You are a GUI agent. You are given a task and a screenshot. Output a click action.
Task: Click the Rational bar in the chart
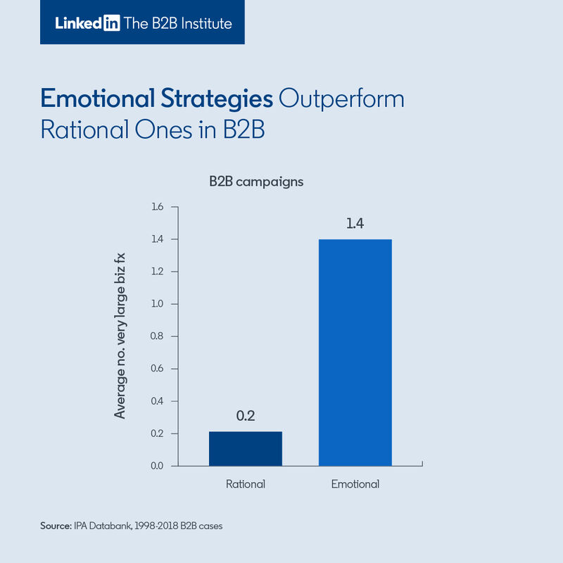pyautogui.click(x=246, y=448)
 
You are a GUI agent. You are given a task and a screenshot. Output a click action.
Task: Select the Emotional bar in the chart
pyautogui.click(x=355, y=352)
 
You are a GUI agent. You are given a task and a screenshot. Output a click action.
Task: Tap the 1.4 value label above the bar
pyautogui.click(x=355, y=225)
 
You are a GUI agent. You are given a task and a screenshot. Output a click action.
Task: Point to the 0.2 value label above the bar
pyautogui.click(x=245, y=416)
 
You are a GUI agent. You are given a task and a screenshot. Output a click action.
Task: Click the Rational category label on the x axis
pyautogui.click(x=245, y=484)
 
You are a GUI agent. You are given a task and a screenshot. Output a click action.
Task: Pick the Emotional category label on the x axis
pyautogui.click(x=355, y=484)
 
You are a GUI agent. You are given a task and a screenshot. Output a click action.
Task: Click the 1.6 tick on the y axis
pyautogui.click(x=156, y=207)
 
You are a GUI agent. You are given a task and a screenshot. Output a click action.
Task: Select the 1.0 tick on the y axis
pyautogui.click(x=156, y=304)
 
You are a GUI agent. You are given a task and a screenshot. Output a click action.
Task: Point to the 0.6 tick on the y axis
pyautogui.click(x=156, y=369)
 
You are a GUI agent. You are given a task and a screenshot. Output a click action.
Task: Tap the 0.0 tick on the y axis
pyautogui.click(x=156, y=466)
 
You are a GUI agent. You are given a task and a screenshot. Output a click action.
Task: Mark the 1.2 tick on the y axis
pyautogui.click(x=156, y=272)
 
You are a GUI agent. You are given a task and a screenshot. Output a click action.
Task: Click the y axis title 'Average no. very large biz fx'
pyautogui.click(x=120, y=336)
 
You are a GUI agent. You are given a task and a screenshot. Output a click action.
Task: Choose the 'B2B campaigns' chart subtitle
pyautogui.click(x=255, y=182)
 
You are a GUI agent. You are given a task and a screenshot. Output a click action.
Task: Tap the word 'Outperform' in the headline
pyautogui.click(x=341, y=99)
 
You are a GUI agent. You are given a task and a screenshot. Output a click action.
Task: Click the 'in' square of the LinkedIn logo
pyautogui.click(x=111, y=23)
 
